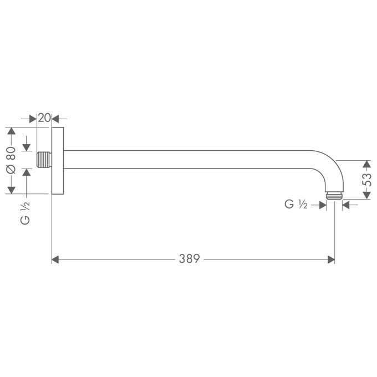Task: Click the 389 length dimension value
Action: pos(189,259)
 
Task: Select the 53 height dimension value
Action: pos(366,179)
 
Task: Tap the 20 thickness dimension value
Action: pos(44,118)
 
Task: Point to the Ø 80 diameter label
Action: pos(11,161)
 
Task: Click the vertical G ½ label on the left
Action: pos(24,213)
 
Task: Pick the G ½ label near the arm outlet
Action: pos(296,205)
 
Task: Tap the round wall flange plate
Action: pos(58,161)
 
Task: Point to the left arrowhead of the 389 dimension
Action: pos(55,259)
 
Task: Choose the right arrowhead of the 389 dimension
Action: pos(331,259)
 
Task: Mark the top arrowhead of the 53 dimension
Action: pos(366,165)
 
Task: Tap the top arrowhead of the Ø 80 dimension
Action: pos(11,132)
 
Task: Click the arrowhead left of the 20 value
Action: pos(33,118)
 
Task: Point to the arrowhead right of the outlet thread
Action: pos(346,205)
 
